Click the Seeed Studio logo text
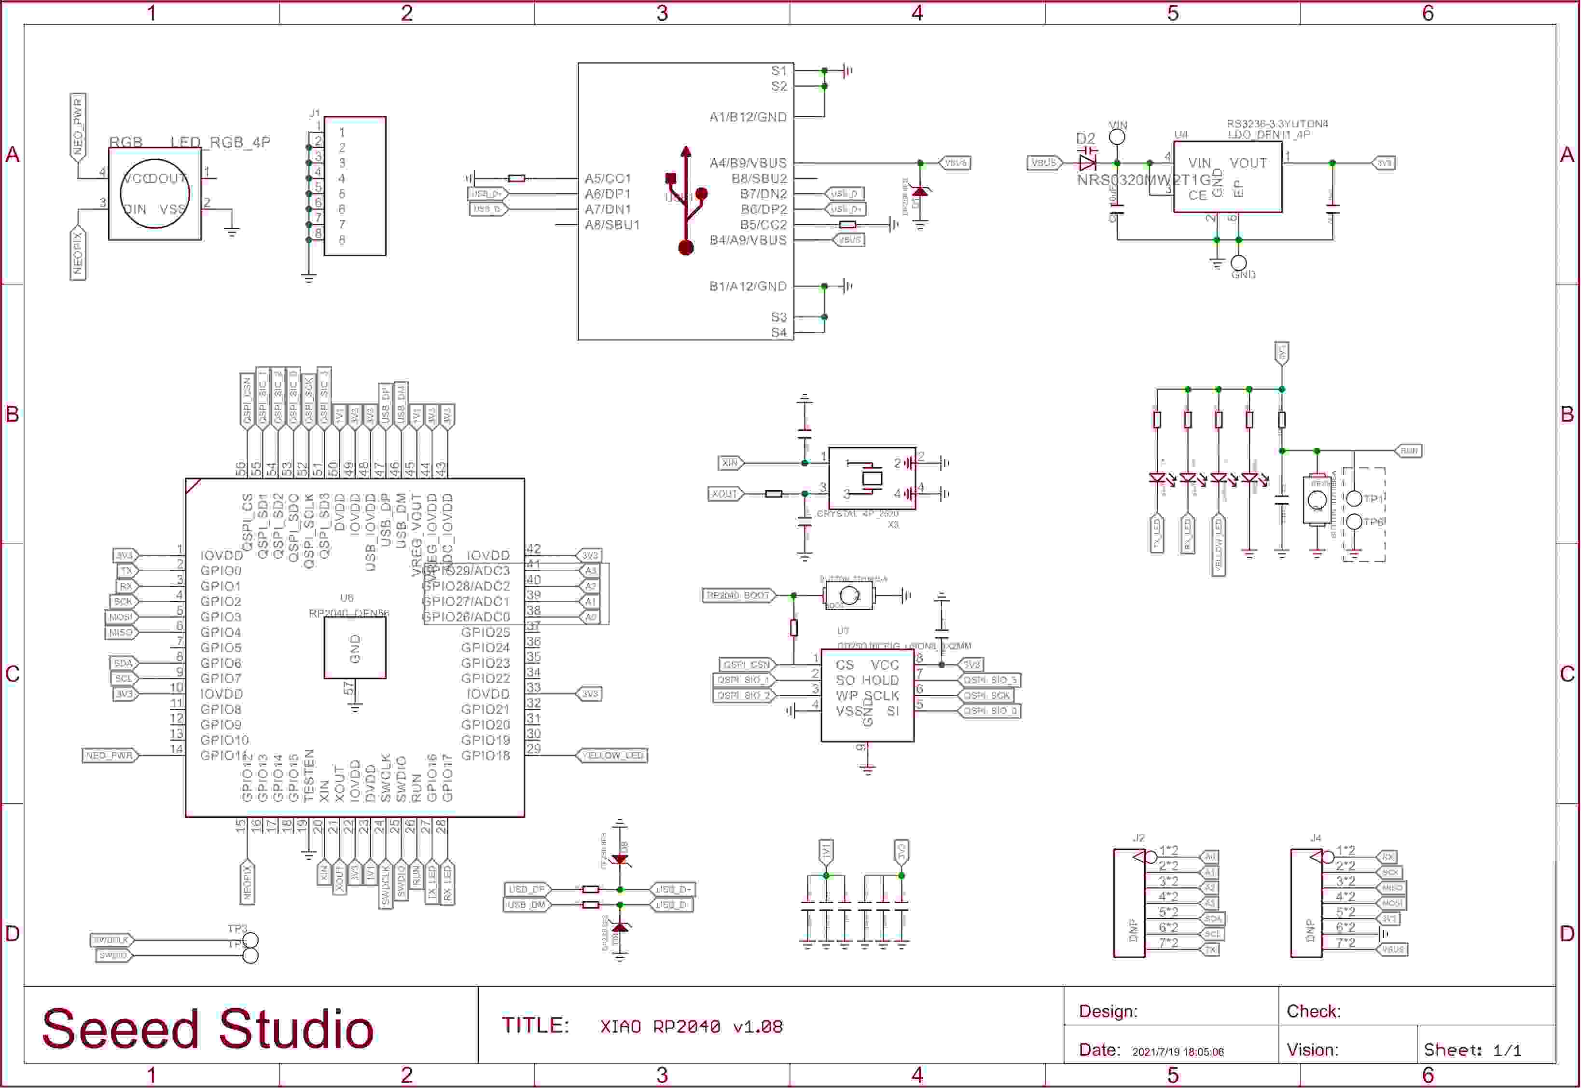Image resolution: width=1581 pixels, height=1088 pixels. pyautogui.click(x=208, y=1029)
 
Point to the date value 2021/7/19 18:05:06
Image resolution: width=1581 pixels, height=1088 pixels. pyautogui.click(x=1178, y=1052)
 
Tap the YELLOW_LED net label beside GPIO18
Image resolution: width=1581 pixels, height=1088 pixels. pyautogui.click(x=612, y=756)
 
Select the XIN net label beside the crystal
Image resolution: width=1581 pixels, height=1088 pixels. pyautogui.click(x=730, y=463)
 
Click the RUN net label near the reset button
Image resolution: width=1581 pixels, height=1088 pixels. pyautogui.click(x=1409, y=451)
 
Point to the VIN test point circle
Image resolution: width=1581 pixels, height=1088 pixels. pyautogui.click(x=1117, y=137)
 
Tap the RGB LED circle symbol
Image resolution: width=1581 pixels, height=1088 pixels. pyautogui.click(x=155, y=193)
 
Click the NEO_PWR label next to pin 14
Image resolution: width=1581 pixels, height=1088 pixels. pyautogui.click(x=109, y=756)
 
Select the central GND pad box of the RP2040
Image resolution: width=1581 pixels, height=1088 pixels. pyautogui.click(x=355, y=647)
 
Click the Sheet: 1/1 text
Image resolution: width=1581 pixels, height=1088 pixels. pyautogui.click(x=1472, y=1050)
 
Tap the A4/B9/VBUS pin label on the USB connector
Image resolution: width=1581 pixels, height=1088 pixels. pyautogui.click(x=748, y=164)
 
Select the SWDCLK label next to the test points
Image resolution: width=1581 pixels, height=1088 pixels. pyautogui.click(x=111, y=940)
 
